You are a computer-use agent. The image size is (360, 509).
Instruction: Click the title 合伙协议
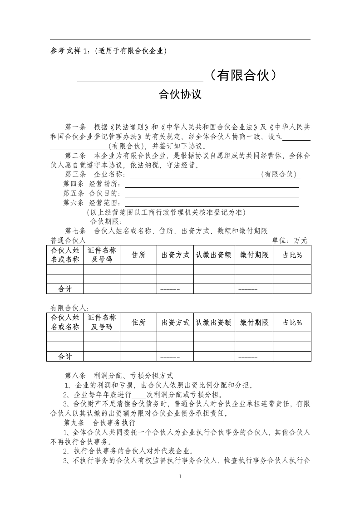tap(180, 95)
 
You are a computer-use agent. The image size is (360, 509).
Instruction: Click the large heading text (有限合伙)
tap(241, 75)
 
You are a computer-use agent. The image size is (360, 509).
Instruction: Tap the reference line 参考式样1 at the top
tap(108, 51)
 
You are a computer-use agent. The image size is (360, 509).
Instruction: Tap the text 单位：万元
tap(289, 240)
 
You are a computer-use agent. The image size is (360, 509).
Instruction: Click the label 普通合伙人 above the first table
tap(68, 240)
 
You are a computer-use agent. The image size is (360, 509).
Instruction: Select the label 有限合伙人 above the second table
tap(69, 308)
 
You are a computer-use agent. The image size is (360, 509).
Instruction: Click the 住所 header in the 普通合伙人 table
tap(138, 255)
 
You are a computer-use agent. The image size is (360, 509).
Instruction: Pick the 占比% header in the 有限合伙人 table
tap(292, 323)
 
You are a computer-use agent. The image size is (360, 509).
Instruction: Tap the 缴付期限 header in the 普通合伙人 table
tap(254, 255)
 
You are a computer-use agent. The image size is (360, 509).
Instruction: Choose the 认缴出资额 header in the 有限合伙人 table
tap(213, 323)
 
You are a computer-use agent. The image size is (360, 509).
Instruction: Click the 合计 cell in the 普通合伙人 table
tap(64, 289)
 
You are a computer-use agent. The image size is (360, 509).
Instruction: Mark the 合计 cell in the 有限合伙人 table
tap(64, 357)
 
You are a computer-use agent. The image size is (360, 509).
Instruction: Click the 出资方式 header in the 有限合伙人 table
tap(175, 323)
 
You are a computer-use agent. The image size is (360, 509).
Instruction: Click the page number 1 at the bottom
tap(180, 476)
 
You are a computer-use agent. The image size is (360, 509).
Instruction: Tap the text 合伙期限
tap(106, 221)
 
